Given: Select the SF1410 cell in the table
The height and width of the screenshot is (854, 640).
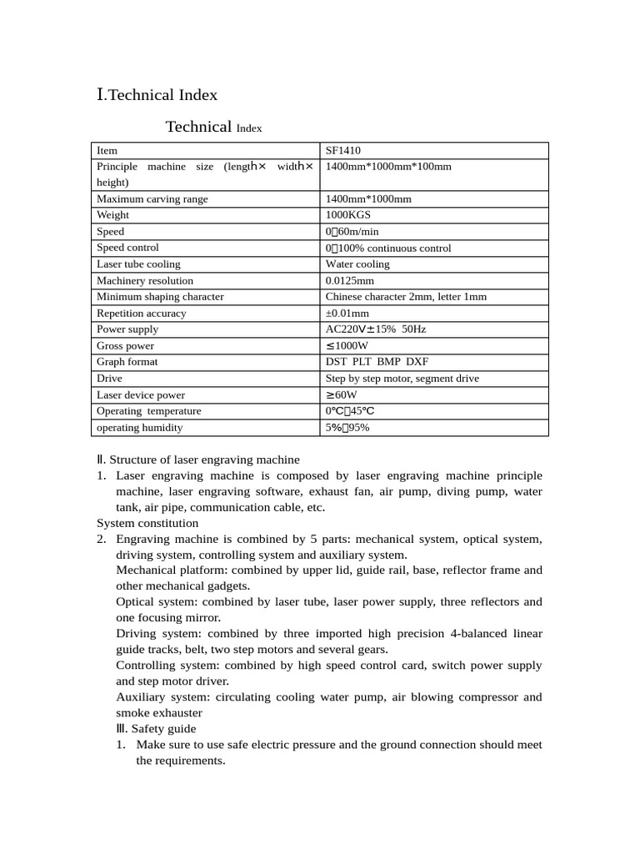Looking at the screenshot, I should [342, 151].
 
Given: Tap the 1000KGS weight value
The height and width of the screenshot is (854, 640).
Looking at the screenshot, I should [347, 215].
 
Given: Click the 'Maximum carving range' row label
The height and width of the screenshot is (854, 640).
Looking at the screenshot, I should [152, 199].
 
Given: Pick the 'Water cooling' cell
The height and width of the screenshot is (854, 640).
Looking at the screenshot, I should [357, 264].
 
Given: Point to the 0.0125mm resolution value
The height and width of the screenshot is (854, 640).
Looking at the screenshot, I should [350, 281].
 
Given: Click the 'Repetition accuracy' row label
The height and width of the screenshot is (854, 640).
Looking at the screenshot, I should [142, 314].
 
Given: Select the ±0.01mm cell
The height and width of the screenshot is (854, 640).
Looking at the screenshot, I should [347, 314].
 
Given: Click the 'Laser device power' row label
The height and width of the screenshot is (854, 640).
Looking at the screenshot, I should [141, 395].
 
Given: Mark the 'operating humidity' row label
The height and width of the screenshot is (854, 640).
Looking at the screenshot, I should [140, 428].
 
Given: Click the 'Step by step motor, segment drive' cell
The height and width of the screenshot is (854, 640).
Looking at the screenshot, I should [402, 379].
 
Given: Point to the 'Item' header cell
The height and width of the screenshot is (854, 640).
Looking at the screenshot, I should [107, 151].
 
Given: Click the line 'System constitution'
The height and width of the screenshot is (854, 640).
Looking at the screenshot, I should [147, 523].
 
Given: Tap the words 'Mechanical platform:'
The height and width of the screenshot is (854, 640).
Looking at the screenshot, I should [172, 570].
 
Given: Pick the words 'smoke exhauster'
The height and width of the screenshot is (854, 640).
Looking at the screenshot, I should [158, 713].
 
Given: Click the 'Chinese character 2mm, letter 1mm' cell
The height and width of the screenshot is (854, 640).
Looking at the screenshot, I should [406, 297].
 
